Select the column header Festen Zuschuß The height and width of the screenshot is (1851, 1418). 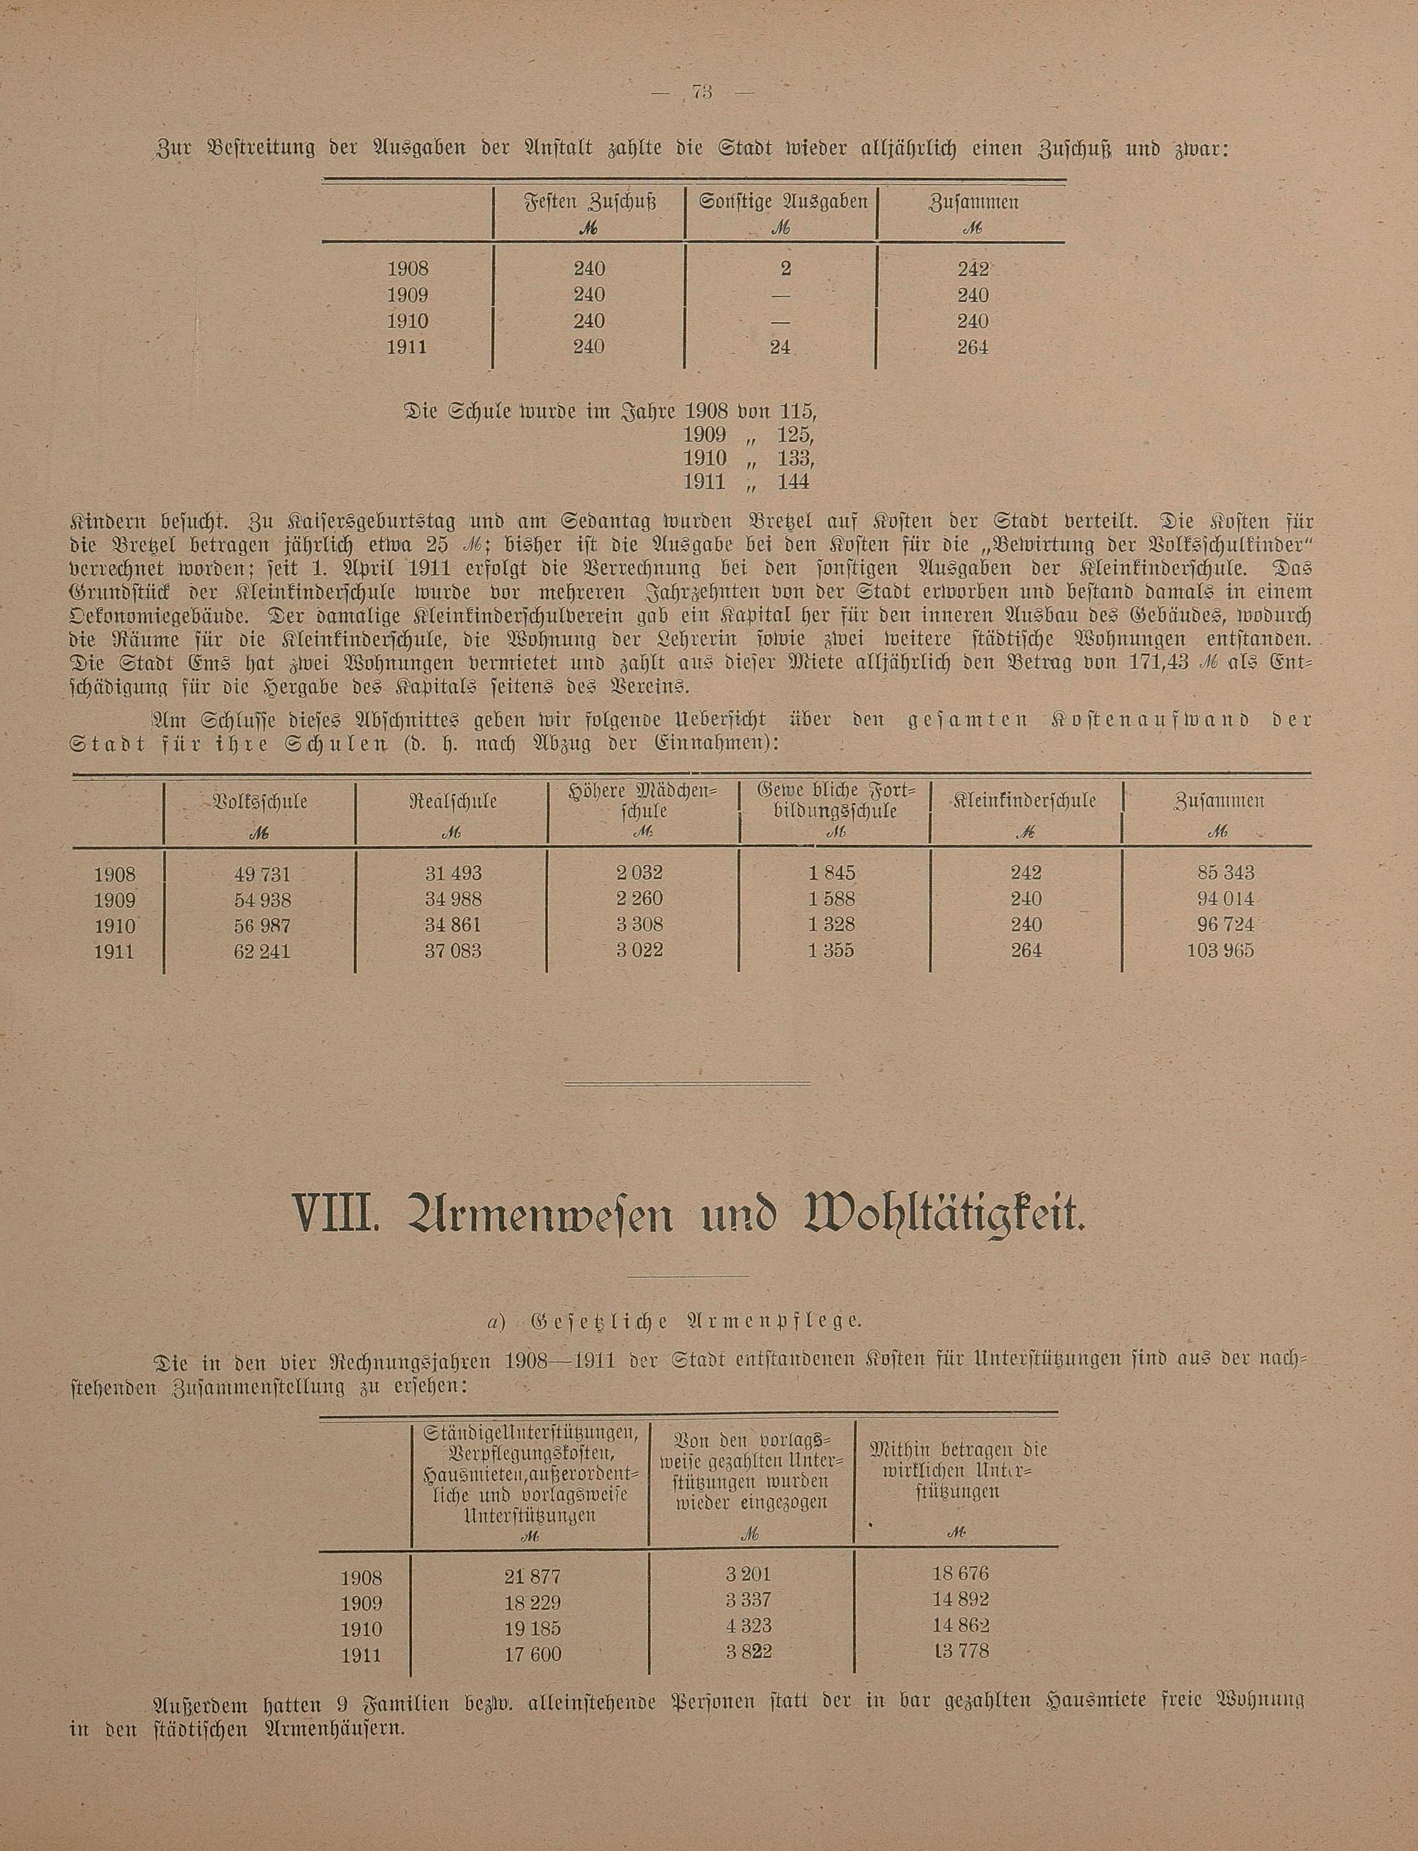click(x=589, y=204)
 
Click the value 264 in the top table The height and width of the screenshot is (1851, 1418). click(x=972, y=347)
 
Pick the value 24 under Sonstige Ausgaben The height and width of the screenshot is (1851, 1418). click(x=778, y=347)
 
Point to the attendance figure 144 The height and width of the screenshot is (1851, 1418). click(x=793, y=482)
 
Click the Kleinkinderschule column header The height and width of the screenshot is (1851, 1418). click(x=1025, y=801)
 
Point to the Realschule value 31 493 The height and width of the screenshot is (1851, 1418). click(x=453, y=873)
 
